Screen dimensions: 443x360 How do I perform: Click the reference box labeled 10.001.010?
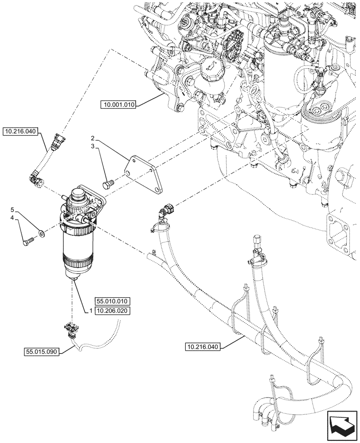[x=118, y=105]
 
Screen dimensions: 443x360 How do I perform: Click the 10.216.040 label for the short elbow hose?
[x=21, y=131]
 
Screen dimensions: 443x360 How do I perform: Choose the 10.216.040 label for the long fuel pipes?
[x=201, y=346]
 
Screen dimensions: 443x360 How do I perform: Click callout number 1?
[x=90, y=311]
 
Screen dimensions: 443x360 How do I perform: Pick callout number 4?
[x=12, y=218]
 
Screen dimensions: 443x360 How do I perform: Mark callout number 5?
[x=12, y=210]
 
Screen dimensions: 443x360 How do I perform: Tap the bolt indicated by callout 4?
[x=28, y=242]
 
